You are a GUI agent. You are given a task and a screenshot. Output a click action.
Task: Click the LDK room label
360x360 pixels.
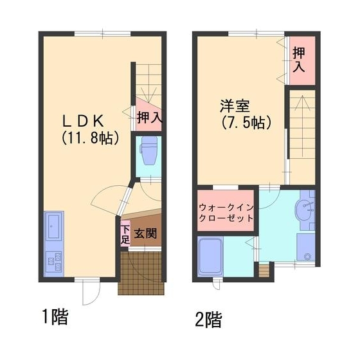90,120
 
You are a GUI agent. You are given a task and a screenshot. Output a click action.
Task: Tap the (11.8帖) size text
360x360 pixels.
91,138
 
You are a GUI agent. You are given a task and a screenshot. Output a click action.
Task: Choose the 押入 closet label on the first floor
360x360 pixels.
148,118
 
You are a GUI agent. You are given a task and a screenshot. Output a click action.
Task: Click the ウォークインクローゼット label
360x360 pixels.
226,213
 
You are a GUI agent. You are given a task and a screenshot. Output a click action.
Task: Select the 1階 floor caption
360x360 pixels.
55,316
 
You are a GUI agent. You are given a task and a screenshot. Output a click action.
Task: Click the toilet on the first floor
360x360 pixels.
148,152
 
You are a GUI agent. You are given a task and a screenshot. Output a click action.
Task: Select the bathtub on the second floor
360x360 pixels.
210,256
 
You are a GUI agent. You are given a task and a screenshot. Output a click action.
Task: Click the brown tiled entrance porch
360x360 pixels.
141,272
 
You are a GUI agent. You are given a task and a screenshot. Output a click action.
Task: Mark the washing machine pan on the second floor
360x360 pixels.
306,248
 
